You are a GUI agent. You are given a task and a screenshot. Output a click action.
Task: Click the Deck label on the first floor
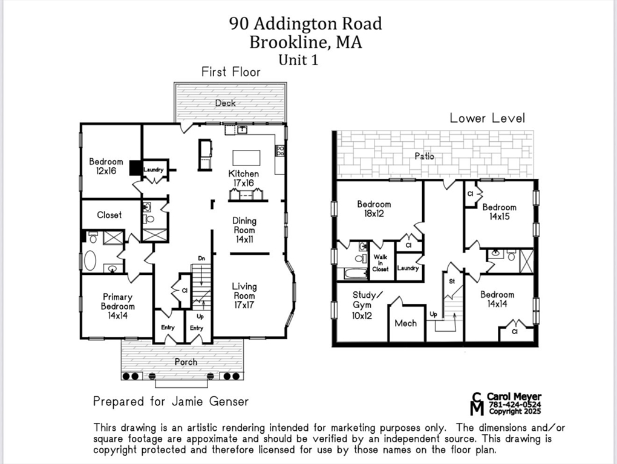(x=225, y=103)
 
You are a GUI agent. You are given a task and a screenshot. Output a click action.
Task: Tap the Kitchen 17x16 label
(x=243, y=178)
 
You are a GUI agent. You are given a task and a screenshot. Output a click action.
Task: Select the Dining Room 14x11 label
(x=244, y=230)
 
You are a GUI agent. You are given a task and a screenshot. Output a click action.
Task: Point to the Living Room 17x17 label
(x=244, y=295)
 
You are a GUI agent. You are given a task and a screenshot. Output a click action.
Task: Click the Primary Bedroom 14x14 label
(x=117, y=306)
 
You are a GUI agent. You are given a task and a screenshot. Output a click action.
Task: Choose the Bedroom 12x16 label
(x=106, y=166)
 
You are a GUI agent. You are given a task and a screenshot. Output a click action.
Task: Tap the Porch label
(x=186, y=362)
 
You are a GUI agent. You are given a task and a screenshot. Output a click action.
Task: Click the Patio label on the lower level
(x=424, y=156)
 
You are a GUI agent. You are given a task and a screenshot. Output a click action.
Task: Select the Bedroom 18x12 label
(x=374, y=208)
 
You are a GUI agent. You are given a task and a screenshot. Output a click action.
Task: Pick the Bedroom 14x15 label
(x=499, y=211)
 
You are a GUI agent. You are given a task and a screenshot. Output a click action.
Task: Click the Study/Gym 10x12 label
(x=368, y=304)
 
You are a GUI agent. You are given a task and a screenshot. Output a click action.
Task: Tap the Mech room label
(x=405, y=323)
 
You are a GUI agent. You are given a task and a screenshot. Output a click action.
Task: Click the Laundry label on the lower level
(x=408, y=268)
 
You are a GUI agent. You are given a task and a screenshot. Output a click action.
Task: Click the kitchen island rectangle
(x=246, y=158)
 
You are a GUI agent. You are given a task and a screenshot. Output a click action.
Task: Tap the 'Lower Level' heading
(x=487, y=118)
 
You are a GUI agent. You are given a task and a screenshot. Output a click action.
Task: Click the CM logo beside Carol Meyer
(x=477, y=404)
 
